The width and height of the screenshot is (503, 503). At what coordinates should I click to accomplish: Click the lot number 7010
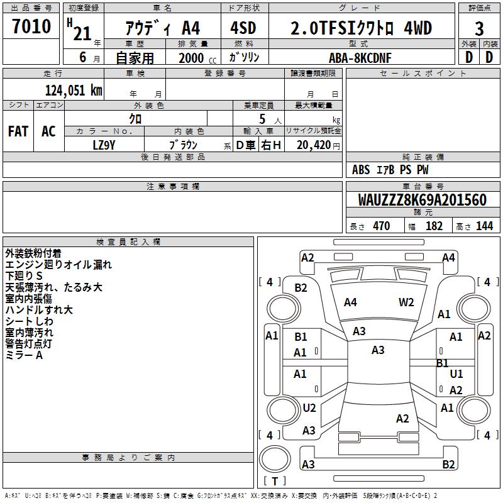tap(31, 27)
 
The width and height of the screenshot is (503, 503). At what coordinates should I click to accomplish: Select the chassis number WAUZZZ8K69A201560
tap(423, 201)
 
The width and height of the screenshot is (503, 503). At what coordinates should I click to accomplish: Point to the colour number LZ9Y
tap(104, 145)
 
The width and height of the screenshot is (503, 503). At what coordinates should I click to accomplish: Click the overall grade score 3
tap(479, 29)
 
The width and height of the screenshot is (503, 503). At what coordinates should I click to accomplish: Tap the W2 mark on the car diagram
tap(406, 302)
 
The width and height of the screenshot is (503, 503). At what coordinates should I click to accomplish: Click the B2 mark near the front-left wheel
tap(301, 288)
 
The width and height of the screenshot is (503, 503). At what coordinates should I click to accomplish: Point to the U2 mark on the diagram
tap(309, 408)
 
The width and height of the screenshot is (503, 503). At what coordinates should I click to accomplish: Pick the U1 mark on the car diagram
tap(456, 374)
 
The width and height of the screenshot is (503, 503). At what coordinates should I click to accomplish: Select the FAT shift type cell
tap(18, 131)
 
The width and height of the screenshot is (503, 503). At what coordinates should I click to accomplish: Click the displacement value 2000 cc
tap(196, 58)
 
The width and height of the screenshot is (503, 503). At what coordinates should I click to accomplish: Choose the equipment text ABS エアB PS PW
tap(390, 170)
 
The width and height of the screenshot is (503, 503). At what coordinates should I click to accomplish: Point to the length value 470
tap(381, 226)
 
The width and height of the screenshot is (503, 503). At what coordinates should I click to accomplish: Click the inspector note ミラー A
tap(24, 355)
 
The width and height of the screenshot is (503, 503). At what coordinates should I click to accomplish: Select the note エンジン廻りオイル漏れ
tap(58, 265)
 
